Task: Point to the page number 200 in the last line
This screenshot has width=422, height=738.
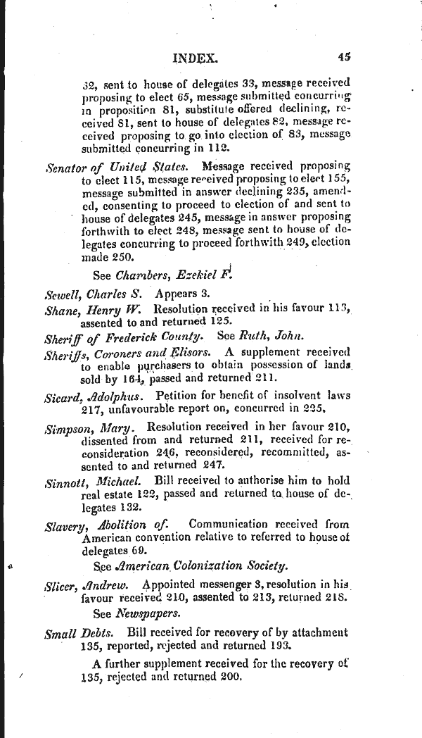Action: pos(229,677)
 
